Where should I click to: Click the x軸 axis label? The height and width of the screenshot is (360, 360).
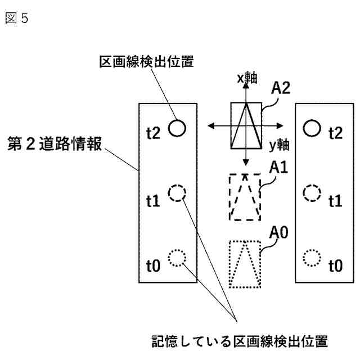246,79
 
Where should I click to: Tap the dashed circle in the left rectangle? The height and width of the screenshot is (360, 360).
177,194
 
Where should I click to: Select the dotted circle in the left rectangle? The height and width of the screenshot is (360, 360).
177,258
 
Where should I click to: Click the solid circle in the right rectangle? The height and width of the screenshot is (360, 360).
310,128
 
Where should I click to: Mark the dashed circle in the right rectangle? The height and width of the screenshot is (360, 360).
310,194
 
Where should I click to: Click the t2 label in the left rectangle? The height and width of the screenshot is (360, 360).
153,133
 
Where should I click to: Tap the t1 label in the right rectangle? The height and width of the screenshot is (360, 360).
335,200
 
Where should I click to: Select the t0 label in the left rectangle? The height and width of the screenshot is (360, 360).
153,264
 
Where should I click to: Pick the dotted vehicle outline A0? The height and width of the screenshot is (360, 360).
245,263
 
